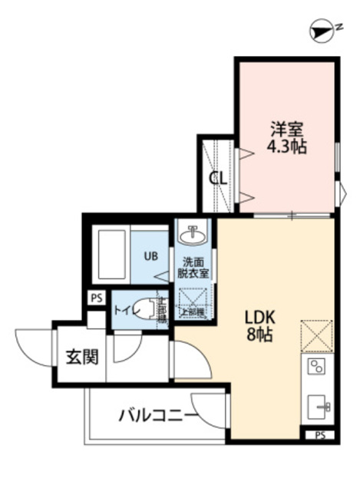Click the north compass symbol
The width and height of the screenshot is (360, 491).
point(320,30)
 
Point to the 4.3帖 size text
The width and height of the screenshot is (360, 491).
point(287,147)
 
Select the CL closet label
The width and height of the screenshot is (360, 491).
point(219,178)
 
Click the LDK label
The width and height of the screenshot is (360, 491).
point(259,317)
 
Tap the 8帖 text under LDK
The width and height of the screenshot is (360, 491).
point(259,335)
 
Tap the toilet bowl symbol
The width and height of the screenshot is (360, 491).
point(142,309)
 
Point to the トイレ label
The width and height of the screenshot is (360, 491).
point(123,310)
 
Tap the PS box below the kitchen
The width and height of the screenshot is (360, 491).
point(319,435)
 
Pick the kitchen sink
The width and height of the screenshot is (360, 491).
point(319,404)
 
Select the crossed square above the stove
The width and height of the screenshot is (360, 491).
point(316,334)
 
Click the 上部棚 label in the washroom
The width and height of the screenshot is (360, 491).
point(193,311)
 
